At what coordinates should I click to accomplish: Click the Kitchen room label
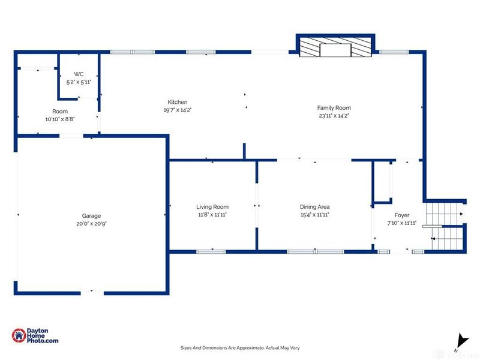177,102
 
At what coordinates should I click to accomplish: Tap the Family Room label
334,108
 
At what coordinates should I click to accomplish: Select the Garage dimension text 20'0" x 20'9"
91,223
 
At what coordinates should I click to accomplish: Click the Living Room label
212,207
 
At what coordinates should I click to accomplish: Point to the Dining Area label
314,207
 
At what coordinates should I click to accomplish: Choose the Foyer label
401,215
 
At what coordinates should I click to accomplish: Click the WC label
78,74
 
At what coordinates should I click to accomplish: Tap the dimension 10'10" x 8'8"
60,119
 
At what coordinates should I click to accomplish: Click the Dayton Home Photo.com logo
36,336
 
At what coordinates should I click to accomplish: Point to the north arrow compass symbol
460,341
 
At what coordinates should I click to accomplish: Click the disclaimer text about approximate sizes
240,347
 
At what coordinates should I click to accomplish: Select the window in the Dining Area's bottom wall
311,251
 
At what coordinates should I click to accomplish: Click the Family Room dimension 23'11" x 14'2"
334,116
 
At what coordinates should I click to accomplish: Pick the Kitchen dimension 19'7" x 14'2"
177,110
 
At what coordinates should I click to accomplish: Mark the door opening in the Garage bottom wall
91,292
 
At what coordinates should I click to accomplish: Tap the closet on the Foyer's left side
382,181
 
